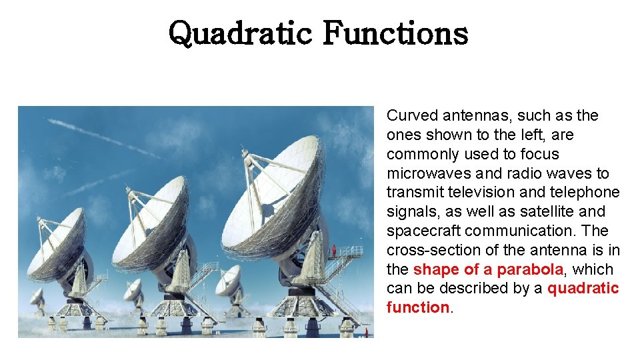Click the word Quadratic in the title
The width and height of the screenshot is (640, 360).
(x=239, y=33)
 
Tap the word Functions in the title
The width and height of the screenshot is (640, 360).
(x=395, y=33)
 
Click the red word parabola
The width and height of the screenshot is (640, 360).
(x=530, y=269)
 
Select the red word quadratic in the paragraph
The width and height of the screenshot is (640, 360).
(x=583, y=289)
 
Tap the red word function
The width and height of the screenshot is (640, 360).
(x=417, y=308)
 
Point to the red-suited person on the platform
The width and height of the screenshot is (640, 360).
(x=333, y=251)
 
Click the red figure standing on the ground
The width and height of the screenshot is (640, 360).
(x=365, y=331)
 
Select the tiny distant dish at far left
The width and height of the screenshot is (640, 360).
(x=37, y=297)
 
